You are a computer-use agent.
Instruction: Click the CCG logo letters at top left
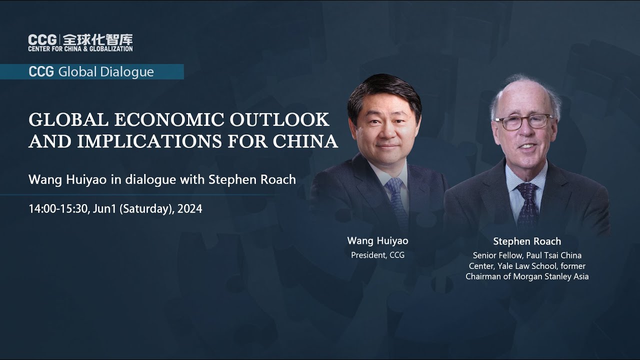pyautogui.click(x=42, y=39)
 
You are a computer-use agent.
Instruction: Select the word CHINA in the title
pyautogui.click(x=305, y=141)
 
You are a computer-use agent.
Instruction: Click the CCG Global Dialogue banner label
pyautogui.click(x=91, y=71)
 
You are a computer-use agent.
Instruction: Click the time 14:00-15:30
pyautogui.click(x=57, y=209)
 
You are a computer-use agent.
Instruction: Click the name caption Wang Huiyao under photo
pyautogui.click(x=377, y=240)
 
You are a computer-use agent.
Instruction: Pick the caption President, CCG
pyautogui.click(x=377, y=255)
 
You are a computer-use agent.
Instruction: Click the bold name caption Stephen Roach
pyautogui.click(x=527, y=241)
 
